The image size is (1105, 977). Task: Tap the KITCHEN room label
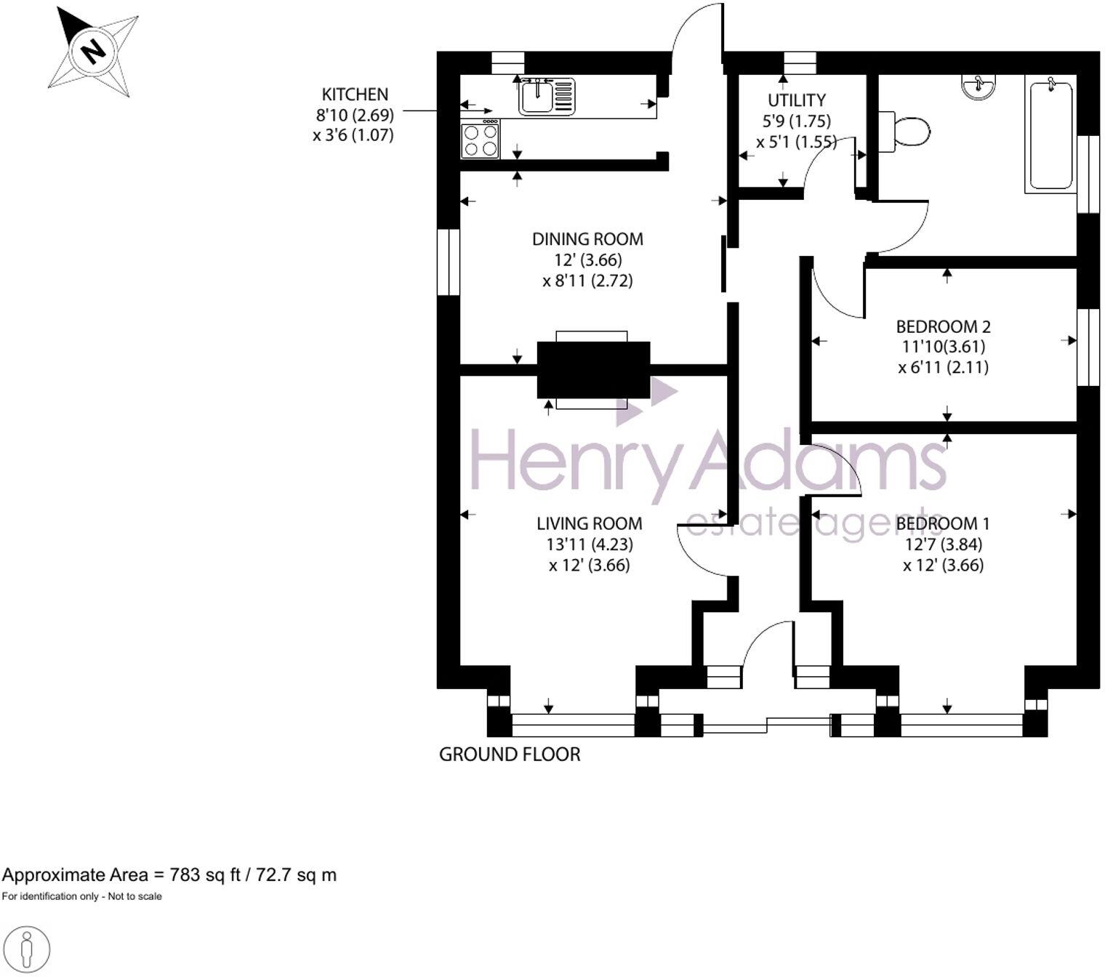(355, 95)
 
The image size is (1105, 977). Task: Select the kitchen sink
(537, 97)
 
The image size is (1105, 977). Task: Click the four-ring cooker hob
(481, 140)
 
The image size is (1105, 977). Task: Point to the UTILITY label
(797, 100)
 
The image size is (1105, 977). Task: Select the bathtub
(1050, 136)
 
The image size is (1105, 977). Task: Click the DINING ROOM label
(587, 239)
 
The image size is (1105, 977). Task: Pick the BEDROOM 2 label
(943, 326)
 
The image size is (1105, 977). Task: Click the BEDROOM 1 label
(943, 523)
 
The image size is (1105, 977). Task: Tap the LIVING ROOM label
(590, 523)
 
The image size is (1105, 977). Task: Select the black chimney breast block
(593, 370)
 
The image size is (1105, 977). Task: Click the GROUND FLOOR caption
(510, 755)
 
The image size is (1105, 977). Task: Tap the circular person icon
(27, 949)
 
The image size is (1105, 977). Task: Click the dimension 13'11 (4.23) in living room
(590, 544)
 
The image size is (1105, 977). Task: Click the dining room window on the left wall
(449, 262)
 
